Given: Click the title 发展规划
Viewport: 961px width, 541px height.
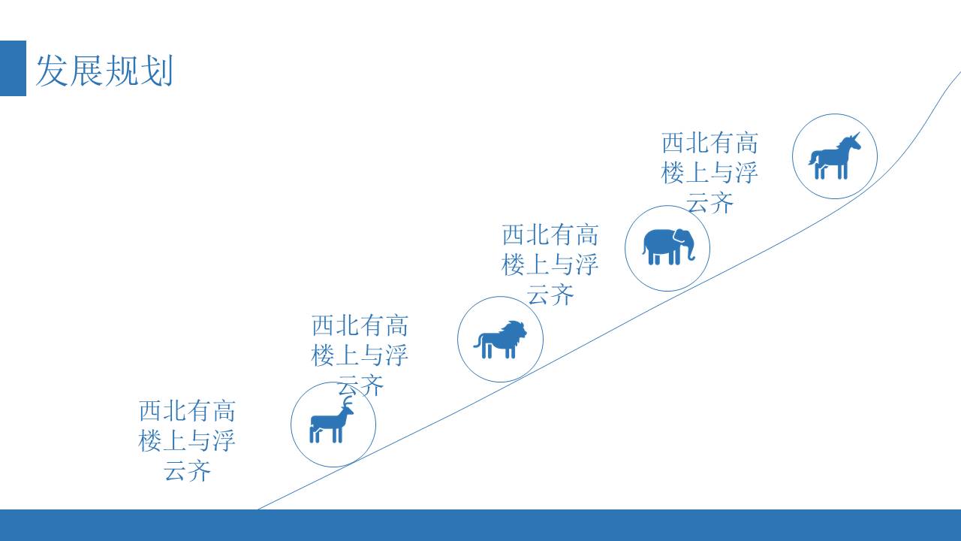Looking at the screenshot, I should pos(104,71).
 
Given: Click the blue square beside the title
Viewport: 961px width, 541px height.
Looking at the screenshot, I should pos(13,68).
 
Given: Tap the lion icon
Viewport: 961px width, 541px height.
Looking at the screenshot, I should pos(500,340).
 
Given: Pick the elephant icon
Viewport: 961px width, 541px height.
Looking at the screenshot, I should pos(667,247).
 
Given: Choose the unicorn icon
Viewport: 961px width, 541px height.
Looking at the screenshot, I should pos(834,156).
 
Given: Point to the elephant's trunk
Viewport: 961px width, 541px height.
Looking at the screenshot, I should pos(690,249).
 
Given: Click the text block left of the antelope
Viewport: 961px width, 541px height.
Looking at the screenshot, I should pos(187,441).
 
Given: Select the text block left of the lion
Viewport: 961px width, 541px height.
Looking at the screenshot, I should pos(360,355).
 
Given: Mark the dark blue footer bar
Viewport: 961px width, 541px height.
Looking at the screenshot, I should pos(480,525).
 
